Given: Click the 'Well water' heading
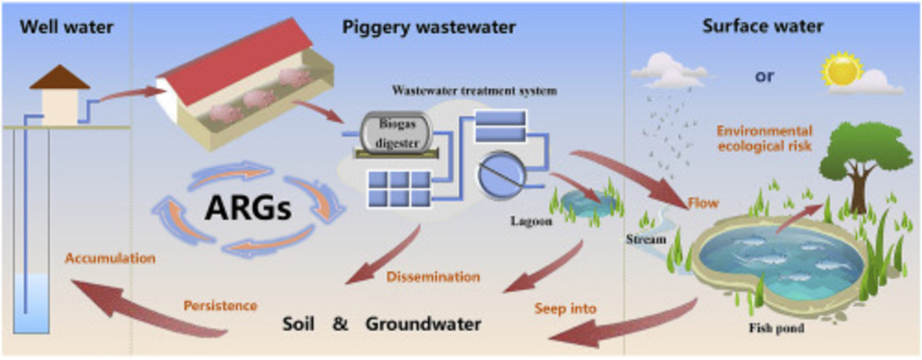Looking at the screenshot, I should tap(67, 27).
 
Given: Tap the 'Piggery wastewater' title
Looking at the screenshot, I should tap(429, 27).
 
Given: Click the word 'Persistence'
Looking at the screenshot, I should tap(220, 304).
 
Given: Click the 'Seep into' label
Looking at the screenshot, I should tap(565, 308).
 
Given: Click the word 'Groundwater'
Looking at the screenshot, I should tap(423, 323).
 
